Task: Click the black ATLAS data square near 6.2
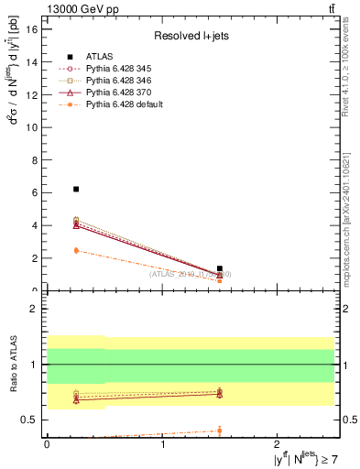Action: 76,189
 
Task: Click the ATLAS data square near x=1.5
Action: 220,268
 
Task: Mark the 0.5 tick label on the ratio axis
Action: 30,420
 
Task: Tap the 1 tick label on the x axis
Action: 163,442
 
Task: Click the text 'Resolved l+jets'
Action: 188,36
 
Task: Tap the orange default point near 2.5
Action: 76,250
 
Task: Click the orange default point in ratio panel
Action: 220,431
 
